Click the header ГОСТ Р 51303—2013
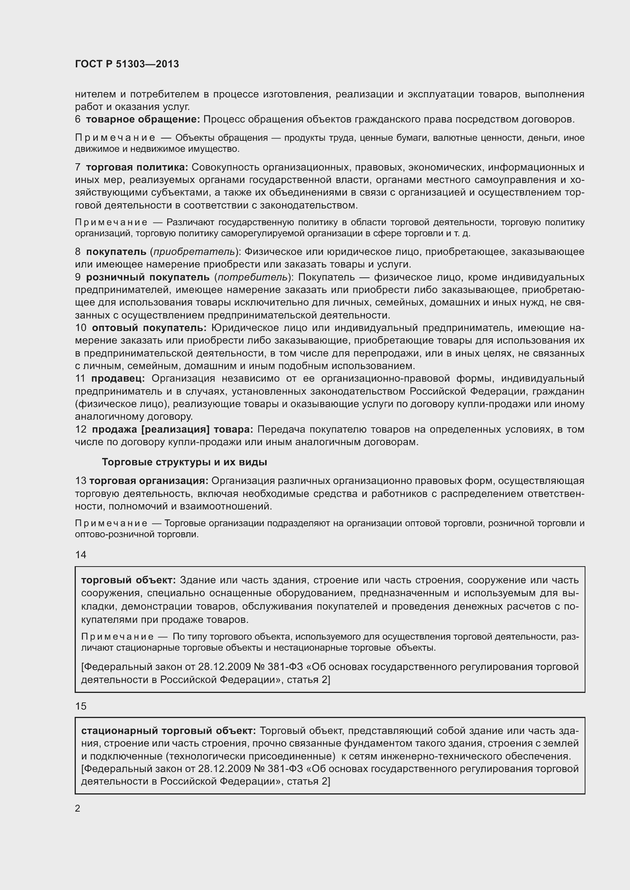coord(127,64)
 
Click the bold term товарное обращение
coord(142,119)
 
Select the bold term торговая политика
coord(137,167)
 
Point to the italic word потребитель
coord(253,277)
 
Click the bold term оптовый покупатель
coord(149,328)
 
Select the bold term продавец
coord(118,378)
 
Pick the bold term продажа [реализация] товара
coord(172,430)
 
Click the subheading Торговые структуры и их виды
coord(184,462)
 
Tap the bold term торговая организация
coord(149,481)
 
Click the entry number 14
coord(81,555)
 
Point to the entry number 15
coord(81,706)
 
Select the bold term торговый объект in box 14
coord(128,580)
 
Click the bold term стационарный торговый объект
coord(168,731)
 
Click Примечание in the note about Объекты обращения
coord(115,138)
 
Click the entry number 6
coord(78,119)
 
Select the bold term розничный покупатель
coord(147,277)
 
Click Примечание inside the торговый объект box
coord(117,637)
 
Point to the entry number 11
coord(80,378)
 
